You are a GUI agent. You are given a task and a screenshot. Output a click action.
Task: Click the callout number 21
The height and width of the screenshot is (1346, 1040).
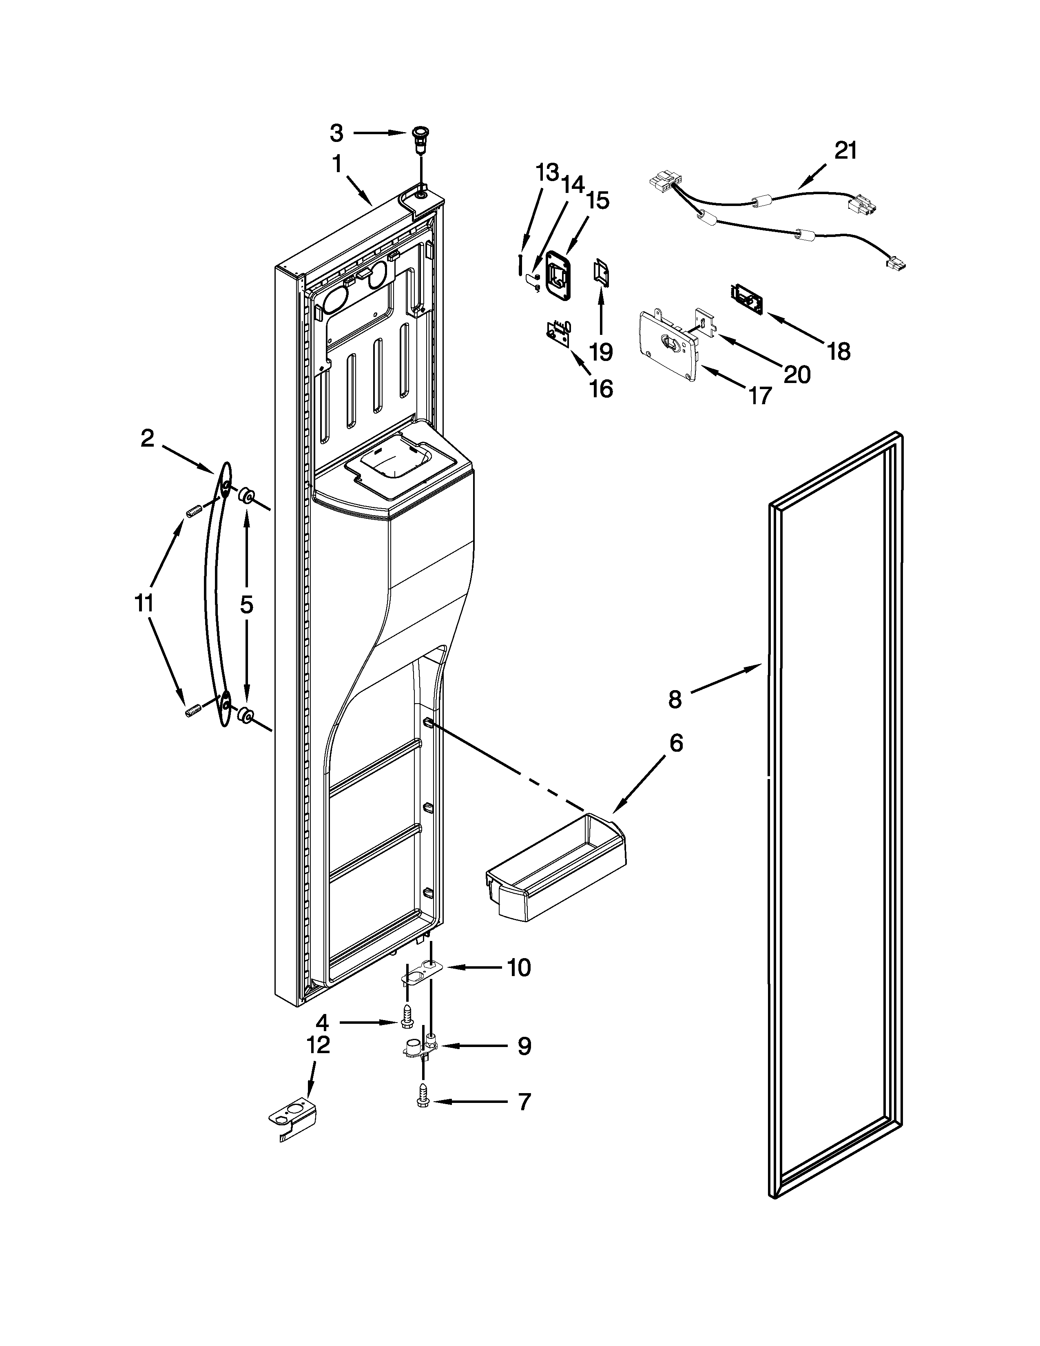tap(845, 151)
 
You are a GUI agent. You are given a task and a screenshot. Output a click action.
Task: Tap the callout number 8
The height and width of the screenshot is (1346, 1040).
tap(675, 699)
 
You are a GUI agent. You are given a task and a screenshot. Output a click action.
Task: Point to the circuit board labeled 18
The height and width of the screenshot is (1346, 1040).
tap(746, 299)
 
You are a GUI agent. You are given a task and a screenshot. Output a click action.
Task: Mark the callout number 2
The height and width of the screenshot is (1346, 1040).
tap(147, 438)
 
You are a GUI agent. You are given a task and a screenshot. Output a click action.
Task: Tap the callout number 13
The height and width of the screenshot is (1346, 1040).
tap(547, 173)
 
